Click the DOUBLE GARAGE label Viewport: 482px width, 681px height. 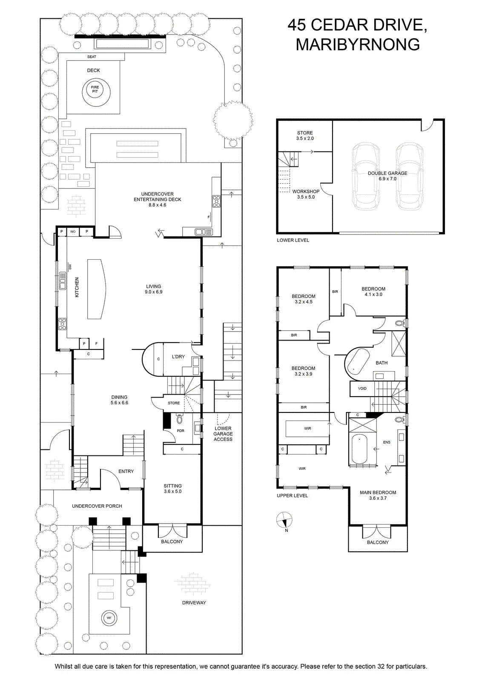click(x=387, y=176)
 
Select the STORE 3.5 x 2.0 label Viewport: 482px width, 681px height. click(x=305, y=136)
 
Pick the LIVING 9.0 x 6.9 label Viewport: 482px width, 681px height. click(x=154, y=289)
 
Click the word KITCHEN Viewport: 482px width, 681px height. click(x=77, y=287)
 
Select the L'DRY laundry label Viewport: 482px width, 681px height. click(x=178, y=357)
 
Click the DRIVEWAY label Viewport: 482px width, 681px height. click(x=194, y=603)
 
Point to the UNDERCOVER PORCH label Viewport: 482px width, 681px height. click(x=97, y=506)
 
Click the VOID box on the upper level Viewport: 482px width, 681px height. click(x=362, y=389)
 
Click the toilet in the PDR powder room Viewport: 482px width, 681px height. click(x=179, y=419)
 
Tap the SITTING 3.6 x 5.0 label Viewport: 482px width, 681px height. click(x=172, y=489)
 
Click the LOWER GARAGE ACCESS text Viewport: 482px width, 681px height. click(x=223, y=434)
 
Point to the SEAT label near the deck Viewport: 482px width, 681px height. click(x=92, y=57)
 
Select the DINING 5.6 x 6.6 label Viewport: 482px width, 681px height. click(x=119, y=400)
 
